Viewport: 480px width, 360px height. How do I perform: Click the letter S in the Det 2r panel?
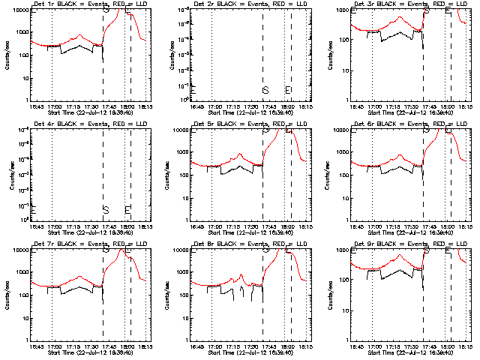point(265,90)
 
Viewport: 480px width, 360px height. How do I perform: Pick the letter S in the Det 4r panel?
point(106,209)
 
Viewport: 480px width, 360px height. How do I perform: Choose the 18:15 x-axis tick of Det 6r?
point(466,227)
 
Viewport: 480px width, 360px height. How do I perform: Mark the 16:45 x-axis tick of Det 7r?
point(35,347)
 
